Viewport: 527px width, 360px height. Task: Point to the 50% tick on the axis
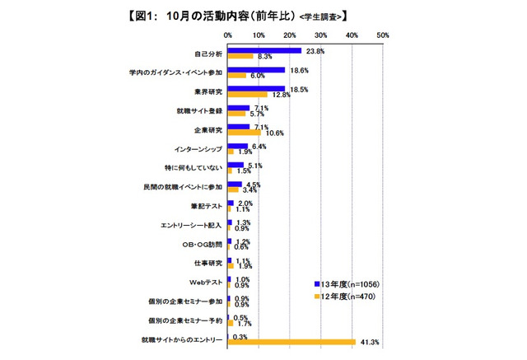[x=382, y=36]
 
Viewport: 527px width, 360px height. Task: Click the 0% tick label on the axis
[x=228, y=36]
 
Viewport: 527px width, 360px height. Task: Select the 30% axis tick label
[x=320, y=36]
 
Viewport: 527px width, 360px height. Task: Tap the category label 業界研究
[x=206, y=91]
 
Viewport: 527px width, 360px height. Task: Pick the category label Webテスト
[x=204, y=280]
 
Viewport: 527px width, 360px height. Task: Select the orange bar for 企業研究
[x=244, y=133]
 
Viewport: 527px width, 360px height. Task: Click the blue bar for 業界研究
[x=256, y=88]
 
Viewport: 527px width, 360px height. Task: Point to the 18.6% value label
[x=297, y=70]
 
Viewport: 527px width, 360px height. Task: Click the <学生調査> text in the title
[x=322, y=16]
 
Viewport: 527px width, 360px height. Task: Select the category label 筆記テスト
[x=204, y=204]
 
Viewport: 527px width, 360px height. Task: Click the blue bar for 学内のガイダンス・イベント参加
[x=256, y=69]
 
